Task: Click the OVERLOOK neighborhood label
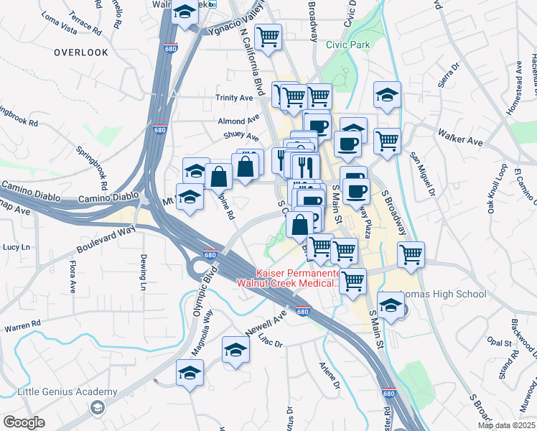pos(81,52)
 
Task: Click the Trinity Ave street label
pos(234,98)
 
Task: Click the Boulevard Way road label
pos(106,239)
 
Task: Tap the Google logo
pos(24,422)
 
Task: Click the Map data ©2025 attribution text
pos(506,425)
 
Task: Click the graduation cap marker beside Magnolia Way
pos(190,374)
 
